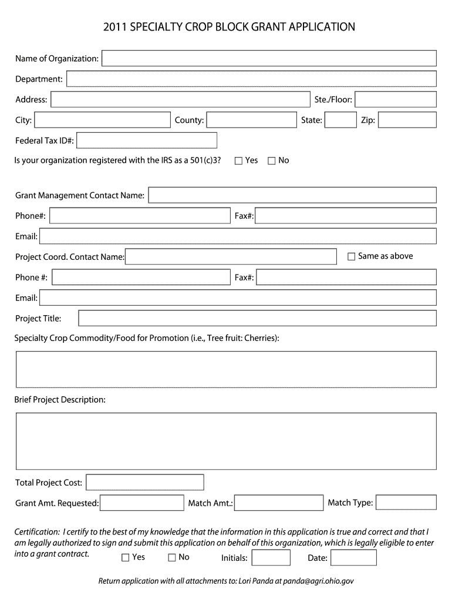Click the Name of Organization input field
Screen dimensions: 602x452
[x=269, y=58]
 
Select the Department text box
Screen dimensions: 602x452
[x=251, y=79]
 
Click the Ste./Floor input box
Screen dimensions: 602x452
[x=395, y=99]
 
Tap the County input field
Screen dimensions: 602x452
[x=251, y=120]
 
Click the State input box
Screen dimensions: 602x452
[x=340, y=120]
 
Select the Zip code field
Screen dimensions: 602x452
[x=407, y=120]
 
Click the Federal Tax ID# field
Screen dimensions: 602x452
[x=147, y=141]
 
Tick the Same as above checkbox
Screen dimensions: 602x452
[x=352, y=256]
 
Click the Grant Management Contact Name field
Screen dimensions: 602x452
[x=292, y=195]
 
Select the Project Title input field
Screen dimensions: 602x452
[x=257, y=318]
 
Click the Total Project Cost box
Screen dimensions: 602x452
[x=145, y=482]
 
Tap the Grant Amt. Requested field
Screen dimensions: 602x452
[x=142, y=503]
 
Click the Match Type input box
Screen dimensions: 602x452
[x=406, y=502]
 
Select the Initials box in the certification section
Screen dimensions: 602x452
[x=271, y=557]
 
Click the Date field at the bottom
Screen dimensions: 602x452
[x=353, y=557]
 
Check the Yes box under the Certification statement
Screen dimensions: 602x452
[x=125, y=557]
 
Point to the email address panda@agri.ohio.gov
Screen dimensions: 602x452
[x=318, y=581]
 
